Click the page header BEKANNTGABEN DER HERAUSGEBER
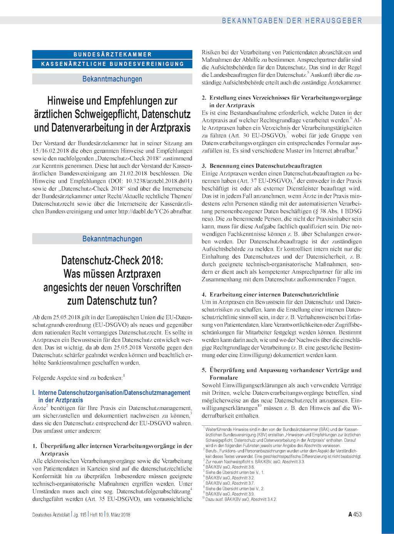click(292, 20)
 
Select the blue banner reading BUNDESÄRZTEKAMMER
click(112, 54)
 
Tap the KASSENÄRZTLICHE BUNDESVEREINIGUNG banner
click(112, 64)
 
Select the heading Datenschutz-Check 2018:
click(112, 261)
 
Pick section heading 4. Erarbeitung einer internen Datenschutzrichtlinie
click(270, 294)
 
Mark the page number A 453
click(355, 514)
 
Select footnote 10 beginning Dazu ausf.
click(239, 499)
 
